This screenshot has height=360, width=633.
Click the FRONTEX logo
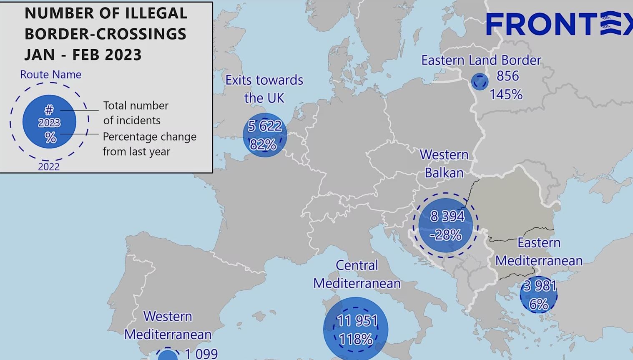(559, 24)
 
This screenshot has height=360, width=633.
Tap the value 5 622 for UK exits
(265, 126)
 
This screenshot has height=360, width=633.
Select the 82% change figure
(263, 144)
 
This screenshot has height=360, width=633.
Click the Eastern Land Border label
(481, 60)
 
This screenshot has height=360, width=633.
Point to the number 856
(507, 76)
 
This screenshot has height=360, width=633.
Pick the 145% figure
(506, 94)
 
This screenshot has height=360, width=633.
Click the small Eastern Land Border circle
(480, 82)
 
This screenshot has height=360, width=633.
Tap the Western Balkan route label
(444, 164)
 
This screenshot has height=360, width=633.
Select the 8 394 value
(447, 216)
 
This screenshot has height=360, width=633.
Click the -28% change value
(445, 235)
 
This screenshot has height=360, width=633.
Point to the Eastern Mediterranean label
(539, 252)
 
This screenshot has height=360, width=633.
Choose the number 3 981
(540, 286)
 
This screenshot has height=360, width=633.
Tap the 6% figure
(538, 304)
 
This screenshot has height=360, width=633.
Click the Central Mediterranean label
(357, 274)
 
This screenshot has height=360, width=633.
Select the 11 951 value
(357, 321)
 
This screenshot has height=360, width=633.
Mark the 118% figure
(356, 339)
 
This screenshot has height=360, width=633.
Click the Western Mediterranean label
(168, 325)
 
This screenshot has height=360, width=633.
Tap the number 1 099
(201, 354)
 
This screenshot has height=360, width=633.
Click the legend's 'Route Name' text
(51, 75)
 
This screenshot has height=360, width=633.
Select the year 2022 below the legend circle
(49, 167)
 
